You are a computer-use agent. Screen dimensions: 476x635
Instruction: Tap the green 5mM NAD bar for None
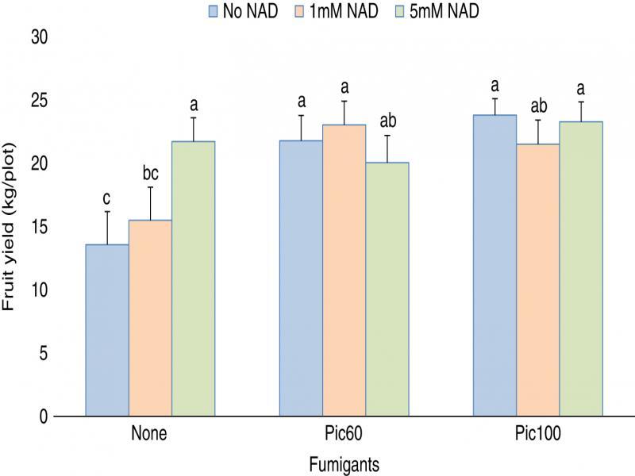click(x=193, y=278)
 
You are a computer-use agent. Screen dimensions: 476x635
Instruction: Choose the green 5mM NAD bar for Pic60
click(x=387, y=289)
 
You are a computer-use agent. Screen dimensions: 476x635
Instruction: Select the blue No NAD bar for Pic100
click(x=495, y=265)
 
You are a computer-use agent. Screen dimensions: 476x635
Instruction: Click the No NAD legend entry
click(x=242, y=11)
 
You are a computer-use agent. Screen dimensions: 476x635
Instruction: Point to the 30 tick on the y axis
click(x=39, y=37)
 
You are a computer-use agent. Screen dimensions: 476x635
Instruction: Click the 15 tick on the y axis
click(x=39, y=227)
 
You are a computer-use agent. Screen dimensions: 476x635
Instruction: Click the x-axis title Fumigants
click(x=344, y=463)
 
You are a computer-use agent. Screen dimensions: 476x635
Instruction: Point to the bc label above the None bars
click(x=150, y=174)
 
